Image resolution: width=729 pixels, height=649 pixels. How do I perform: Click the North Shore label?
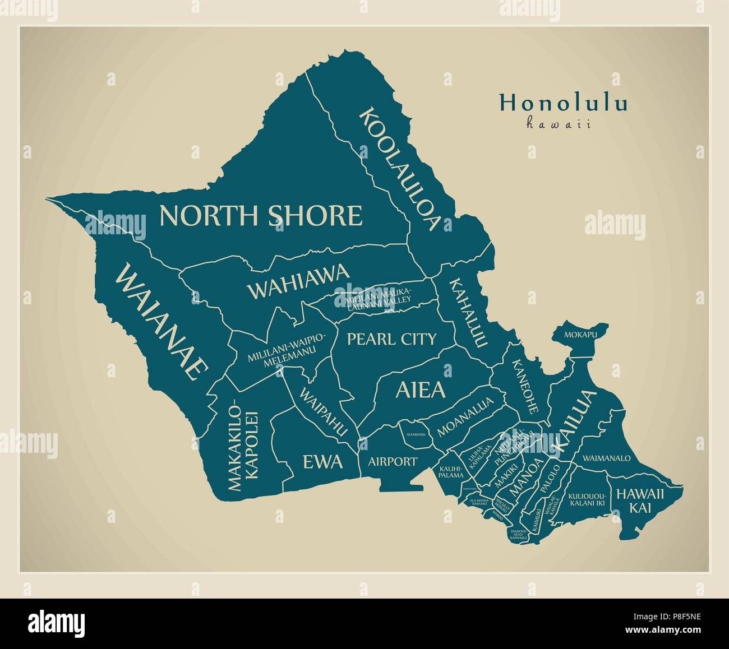point(261,215)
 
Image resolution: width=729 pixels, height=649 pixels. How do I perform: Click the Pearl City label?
point(391,339)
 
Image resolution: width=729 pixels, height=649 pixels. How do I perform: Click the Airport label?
point(393,462)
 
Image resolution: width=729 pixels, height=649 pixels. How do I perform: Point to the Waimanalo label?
point(606,458)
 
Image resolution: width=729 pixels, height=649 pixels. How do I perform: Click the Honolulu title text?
point(562,104)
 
